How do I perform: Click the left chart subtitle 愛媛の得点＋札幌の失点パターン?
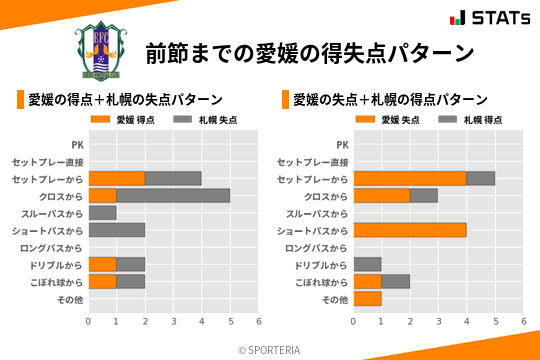point(125,99)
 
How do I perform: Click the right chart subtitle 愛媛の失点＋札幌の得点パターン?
point(390,99)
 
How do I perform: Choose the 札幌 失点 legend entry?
point(202,120)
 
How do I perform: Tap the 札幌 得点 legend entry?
point(467,120)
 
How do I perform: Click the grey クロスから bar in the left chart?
point(173,196)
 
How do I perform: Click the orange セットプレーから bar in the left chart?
point(116,178)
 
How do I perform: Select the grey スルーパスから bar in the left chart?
point(102,213)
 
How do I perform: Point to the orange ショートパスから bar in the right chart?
point(410,230)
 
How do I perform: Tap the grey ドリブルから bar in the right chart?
point(367,265)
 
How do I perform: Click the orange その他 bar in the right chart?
point(367,299)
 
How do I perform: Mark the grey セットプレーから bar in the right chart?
point(481,178)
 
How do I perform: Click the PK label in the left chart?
point(77,145)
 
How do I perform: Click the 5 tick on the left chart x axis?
point(230,322)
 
